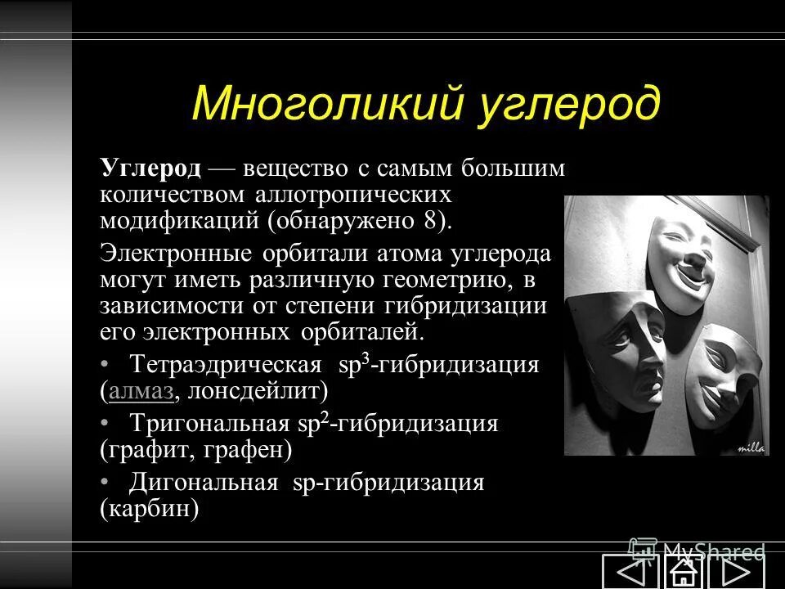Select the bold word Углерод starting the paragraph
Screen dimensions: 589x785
151,169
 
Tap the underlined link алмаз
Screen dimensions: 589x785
141,391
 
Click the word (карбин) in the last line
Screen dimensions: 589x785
150,509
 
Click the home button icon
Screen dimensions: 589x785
682,572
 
